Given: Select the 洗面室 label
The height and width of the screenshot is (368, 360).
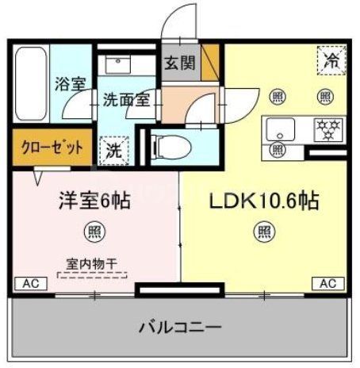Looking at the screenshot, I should tap(125, 100).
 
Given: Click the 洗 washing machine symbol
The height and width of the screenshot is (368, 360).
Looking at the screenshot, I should tap(113, 148).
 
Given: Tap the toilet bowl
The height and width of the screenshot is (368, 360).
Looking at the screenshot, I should tap(170, 145).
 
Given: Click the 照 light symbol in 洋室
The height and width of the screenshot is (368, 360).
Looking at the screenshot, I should tap(93, 233).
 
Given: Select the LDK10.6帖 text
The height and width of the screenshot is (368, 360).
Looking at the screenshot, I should tap(263, 201).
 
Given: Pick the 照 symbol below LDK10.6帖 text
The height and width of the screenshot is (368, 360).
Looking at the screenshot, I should tap(262, 233).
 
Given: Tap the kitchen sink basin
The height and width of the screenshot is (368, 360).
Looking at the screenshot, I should tap(281, 127).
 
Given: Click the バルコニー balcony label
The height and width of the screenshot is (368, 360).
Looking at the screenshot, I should tap(180, 327).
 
